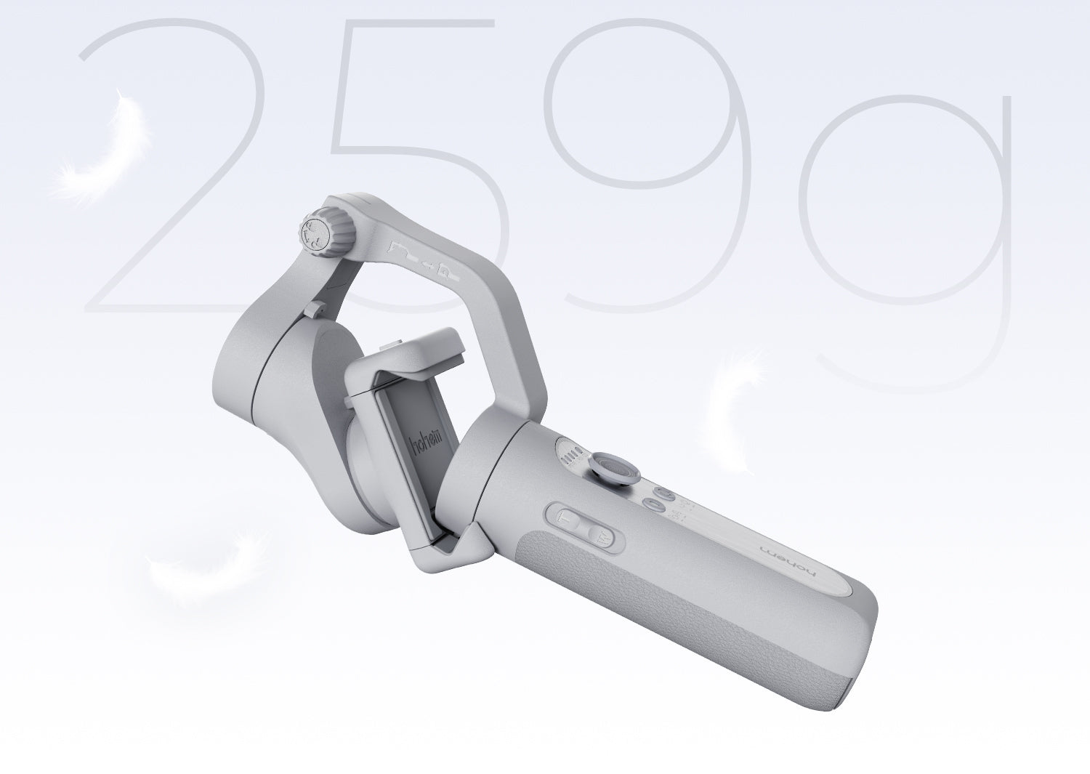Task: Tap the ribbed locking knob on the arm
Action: tap(317, 231)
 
